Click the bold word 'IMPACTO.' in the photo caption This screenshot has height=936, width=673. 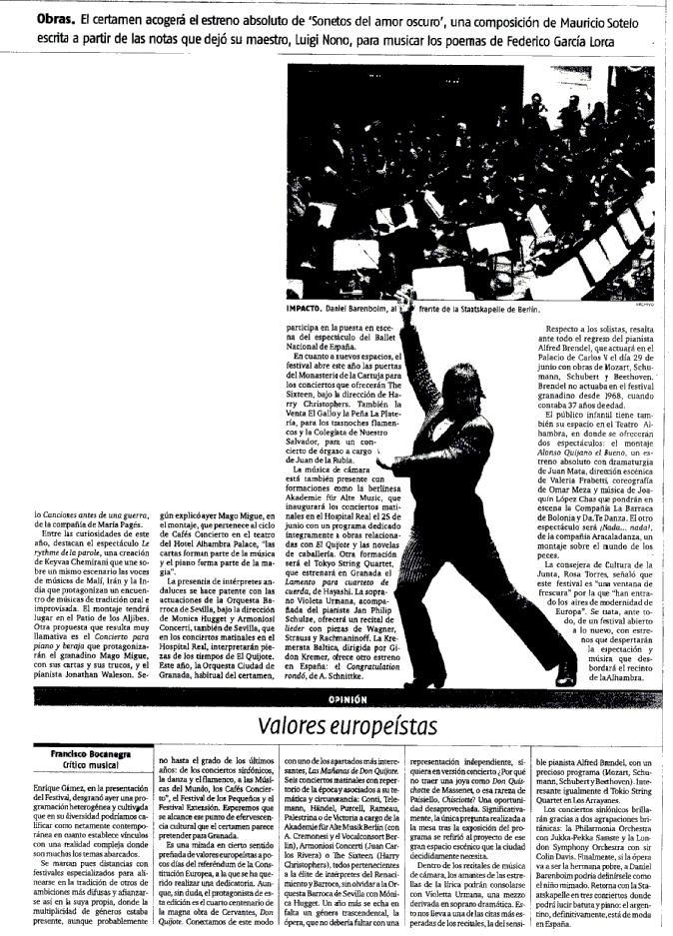(x=308, y=310)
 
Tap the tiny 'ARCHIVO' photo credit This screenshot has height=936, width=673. (x=648, y=304)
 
